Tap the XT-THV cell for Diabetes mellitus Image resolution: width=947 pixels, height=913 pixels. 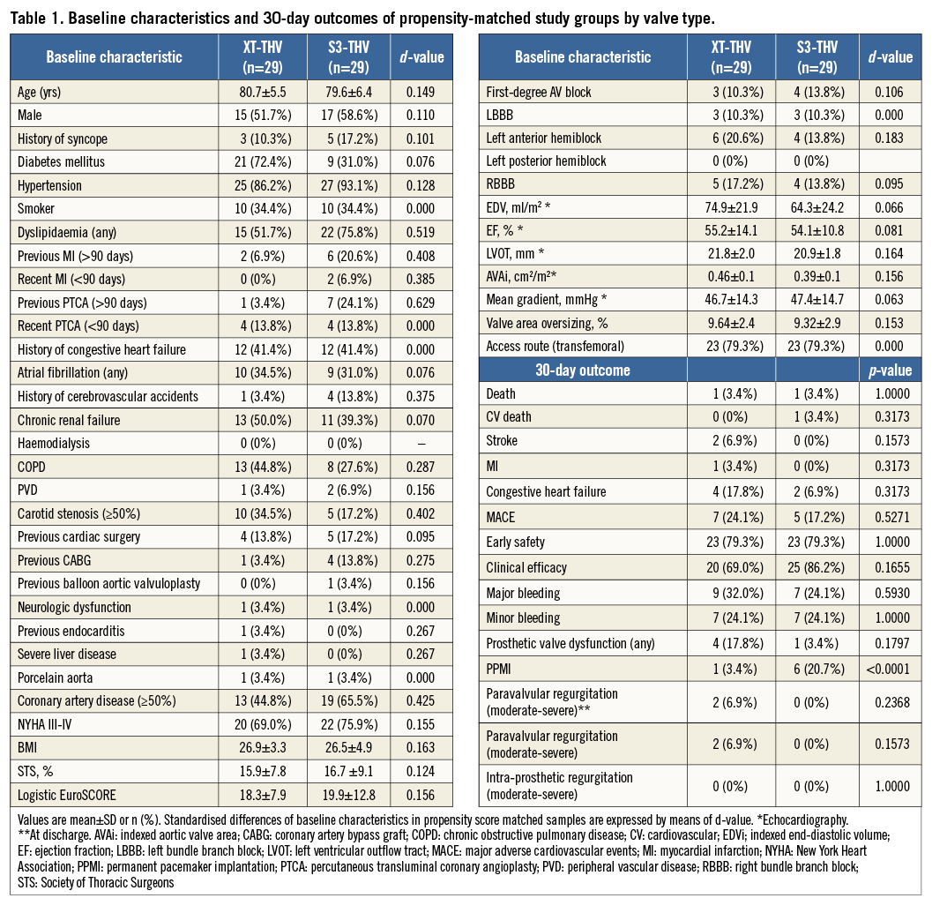coord(262,162)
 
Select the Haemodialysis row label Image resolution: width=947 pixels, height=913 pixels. coord(53,444)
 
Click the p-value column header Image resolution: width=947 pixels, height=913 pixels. coord(889,370)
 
